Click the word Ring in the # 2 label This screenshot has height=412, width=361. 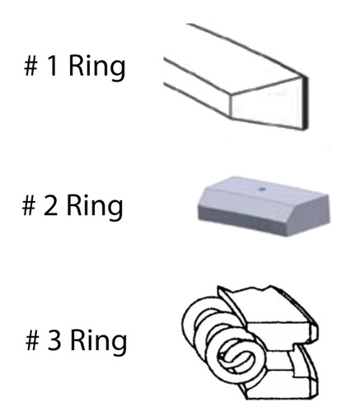95,206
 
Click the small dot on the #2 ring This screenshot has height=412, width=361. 262,189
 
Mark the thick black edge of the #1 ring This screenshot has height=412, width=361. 304,102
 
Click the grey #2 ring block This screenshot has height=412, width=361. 264,206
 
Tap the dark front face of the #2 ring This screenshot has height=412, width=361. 241,221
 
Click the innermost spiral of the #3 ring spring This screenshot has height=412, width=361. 236,358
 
